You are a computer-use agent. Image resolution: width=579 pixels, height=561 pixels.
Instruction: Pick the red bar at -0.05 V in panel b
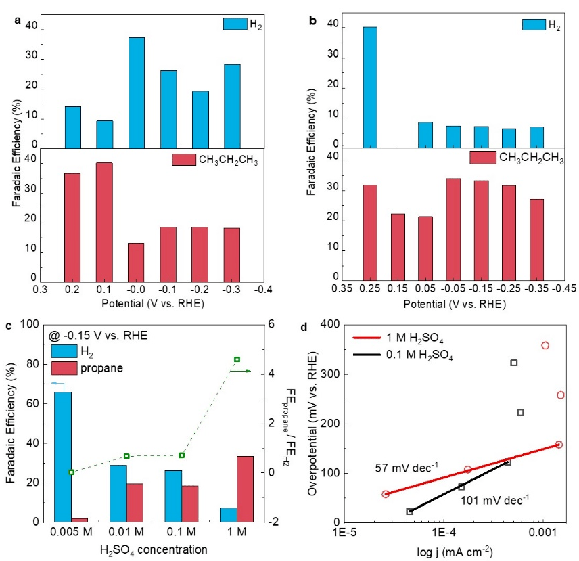453,229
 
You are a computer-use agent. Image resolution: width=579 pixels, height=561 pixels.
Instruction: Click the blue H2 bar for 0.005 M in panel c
63,457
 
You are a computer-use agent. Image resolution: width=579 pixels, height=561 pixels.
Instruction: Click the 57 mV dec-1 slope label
398,468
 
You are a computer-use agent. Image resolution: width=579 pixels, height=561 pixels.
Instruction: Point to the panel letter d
312,327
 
